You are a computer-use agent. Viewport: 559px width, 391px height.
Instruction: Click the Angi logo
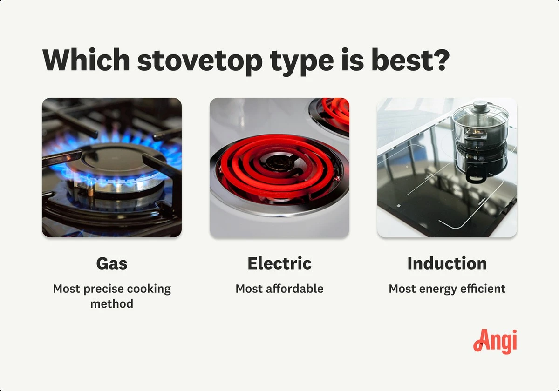click(x=495, y=342)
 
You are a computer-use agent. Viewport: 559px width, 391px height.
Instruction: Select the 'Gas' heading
click(x=112, y=263)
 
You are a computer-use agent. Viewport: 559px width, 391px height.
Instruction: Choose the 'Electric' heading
click(x=279, y=263)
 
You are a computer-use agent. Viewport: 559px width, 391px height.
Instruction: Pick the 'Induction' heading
click(x=447, y=263)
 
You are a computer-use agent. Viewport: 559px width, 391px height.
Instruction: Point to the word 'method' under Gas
click(x=112, y=304)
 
